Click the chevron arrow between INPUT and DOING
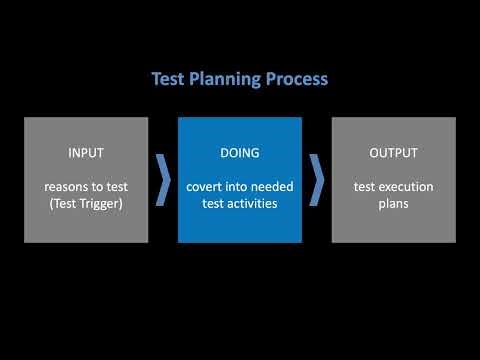[x=163, y=179]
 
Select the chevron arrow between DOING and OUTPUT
[x=316, y=179]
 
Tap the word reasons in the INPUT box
[x=67, y=187]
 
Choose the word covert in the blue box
[x=206, y=187]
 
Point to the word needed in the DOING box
[x=267, y=187]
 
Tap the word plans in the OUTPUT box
[x=393, y=203]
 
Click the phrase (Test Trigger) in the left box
[x=86, y=203]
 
